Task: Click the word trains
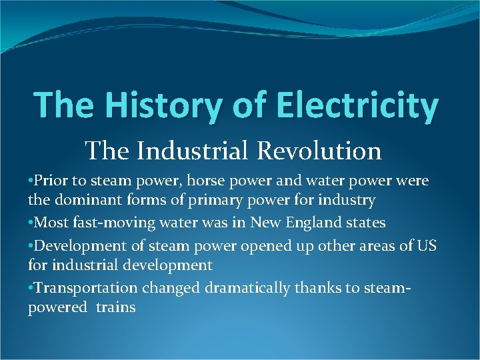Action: pos(115,307)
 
